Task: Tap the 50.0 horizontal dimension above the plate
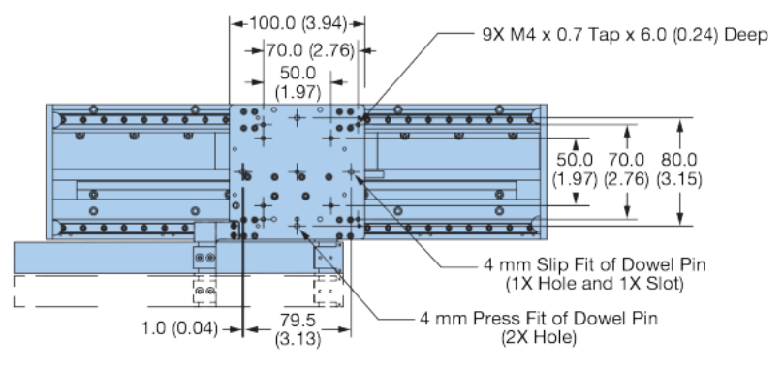tap(295, 74)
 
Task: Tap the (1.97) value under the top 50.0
tap(295, 92)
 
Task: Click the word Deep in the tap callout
tap(746, 36)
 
